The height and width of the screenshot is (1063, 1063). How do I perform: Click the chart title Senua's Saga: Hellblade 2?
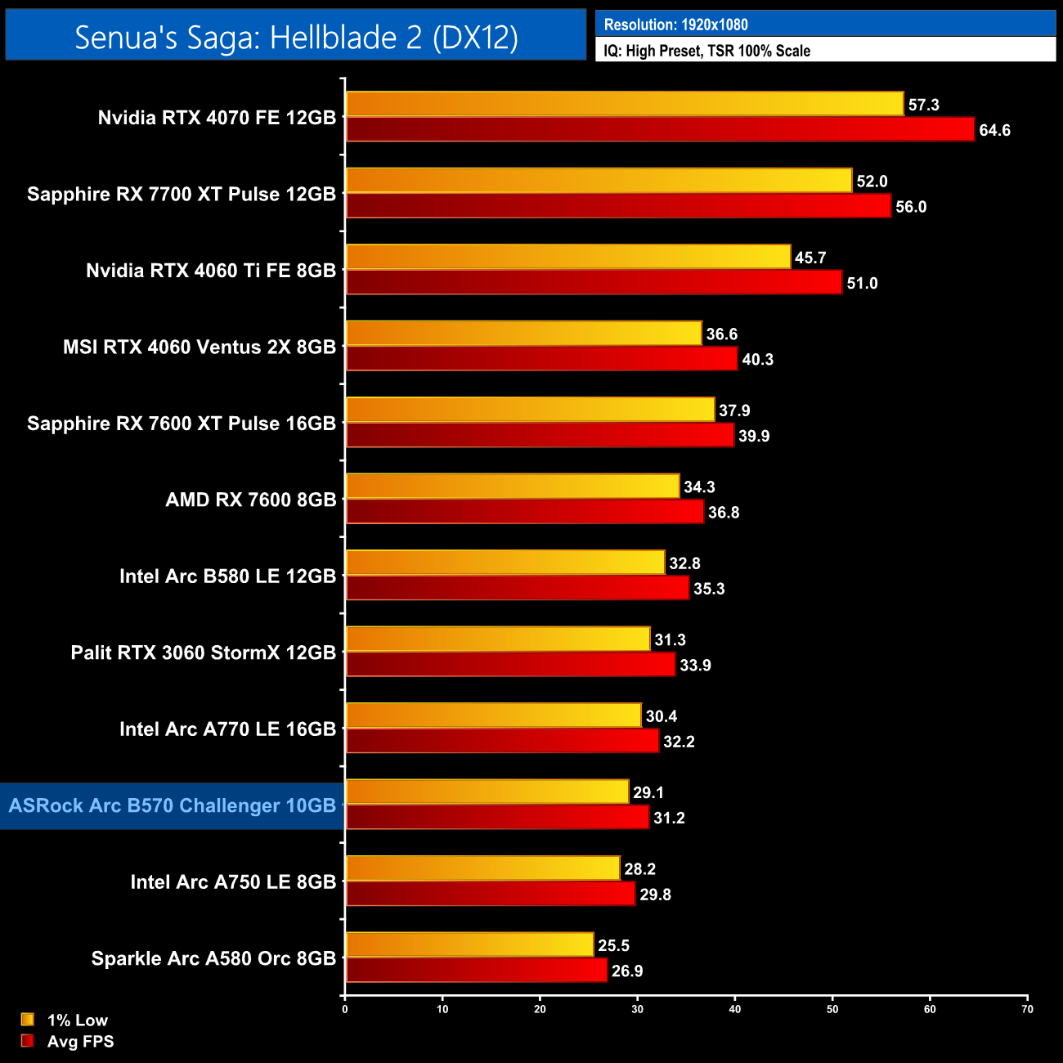296,37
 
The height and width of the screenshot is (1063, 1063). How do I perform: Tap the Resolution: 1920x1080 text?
675,25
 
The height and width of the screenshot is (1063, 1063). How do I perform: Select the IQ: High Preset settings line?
706,51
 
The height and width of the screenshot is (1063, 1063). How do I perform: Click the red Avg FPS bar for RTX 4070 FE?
660,129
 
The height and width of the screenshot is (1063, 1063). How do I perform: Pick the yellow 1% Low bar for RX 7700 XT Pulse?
599,181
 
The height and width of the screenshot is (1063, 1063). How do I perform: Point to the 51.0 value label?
862,283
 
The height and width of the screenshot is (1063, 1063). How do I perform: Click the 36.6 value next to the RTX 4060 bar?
722,334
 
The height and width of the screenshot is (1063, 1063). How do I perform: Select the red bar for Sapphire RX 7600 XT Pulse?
540,435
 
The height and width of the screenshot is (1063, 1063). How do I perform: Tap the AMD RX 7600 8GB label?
250,500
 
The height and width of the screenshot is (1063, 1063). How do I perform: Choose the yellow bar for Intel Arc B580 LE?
505,563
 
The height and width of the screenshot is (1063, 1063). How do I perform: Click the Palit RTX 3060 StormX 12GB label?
203,653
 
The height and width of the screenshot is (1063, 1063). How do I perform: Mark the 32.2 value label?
679,742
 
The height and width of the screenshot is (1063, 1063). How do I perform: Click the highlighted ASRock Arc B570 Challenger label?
172,805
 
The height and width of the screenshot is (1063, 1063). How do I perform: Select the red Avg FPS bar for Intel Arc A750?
491,894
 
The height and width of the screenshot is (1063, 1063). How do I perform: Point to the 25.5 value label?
613,945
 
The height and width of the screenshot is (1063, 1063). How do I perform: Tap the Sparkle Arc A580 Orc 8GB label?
213,958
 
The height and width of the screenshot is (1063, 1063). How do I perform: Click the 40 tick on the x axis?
735,1009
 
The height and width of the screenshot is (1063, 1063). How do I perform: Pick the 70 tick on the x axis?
1027,1009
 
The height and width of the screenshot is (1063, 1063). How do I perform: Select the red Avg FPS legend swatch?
28,1041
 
